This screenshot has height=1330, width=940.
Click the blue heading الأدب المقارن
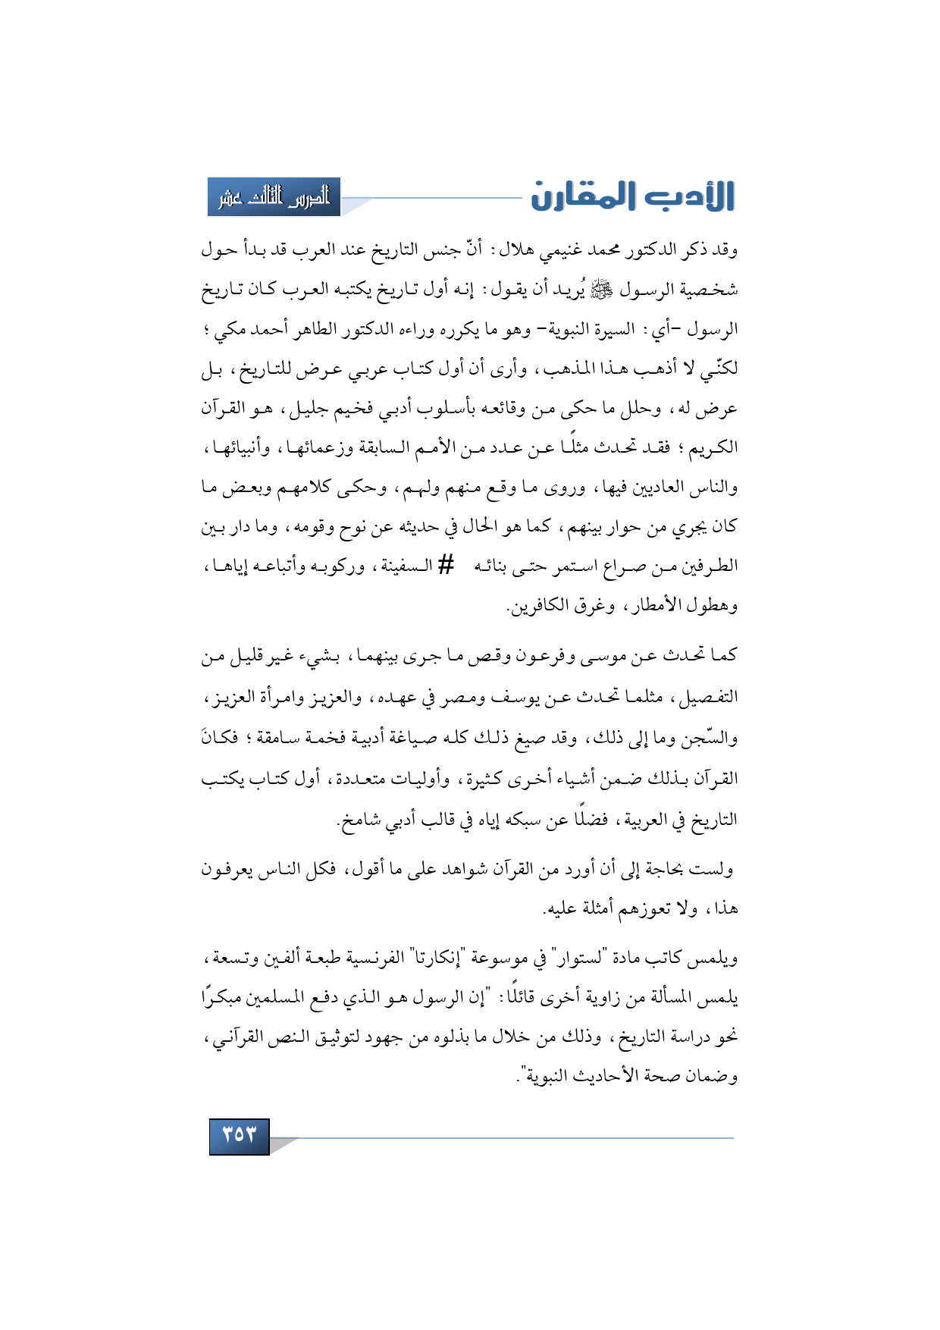click(632, 196)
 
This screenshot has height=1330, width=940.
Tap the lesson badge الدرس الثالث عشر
click(274, 197)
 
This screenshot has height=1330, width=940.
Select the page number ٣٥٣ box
click(239, 1135)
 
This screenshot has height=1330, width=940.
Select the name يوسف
click(519, 696)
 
